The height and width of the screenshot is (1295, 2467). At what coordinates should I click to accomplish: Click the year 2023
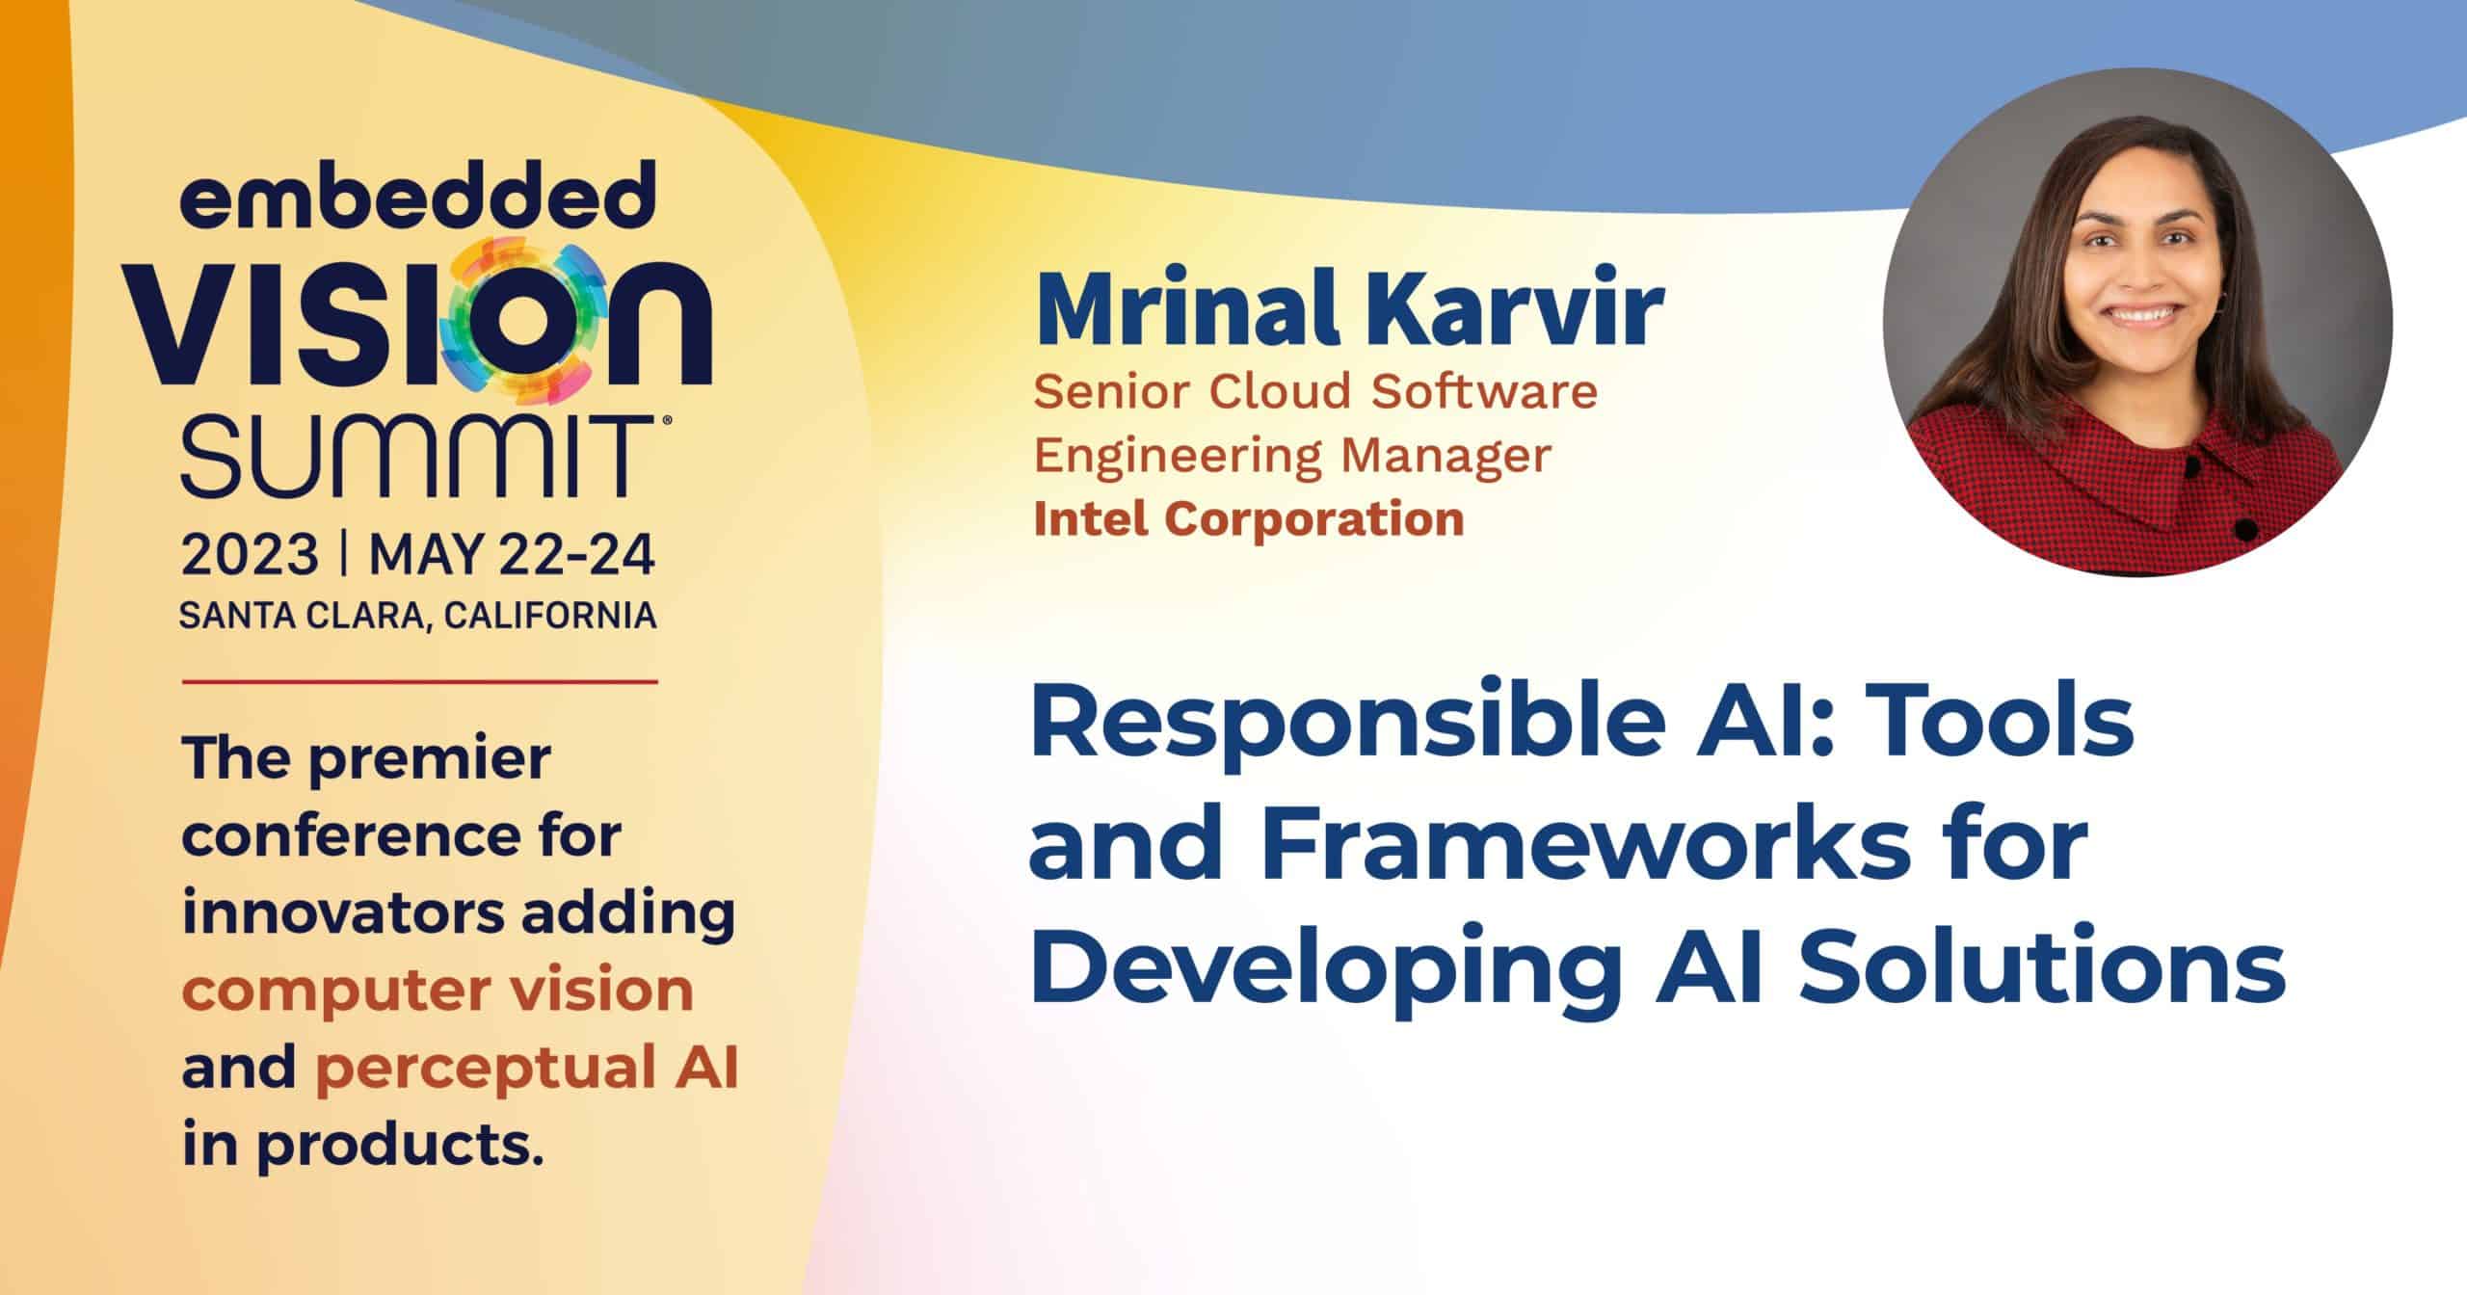(x=250, y=556)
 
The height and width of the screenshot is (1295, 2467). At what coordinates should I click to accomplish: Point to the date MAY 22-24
(x=513, y=556)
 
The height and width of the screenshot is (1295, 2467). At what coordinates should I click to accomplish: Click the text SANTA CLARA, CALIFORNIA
(x=418, y=616)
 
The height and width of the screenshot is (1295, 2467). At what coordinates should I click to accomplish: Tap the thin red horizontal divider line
(x=418, y=681)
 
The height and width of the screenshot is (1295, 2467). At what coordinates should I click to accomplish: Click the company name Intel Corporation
(x=1249, y=519)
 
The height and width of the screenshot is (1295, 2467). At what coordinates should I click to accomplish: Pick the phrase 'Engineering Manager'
(x=1292, y=457)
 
